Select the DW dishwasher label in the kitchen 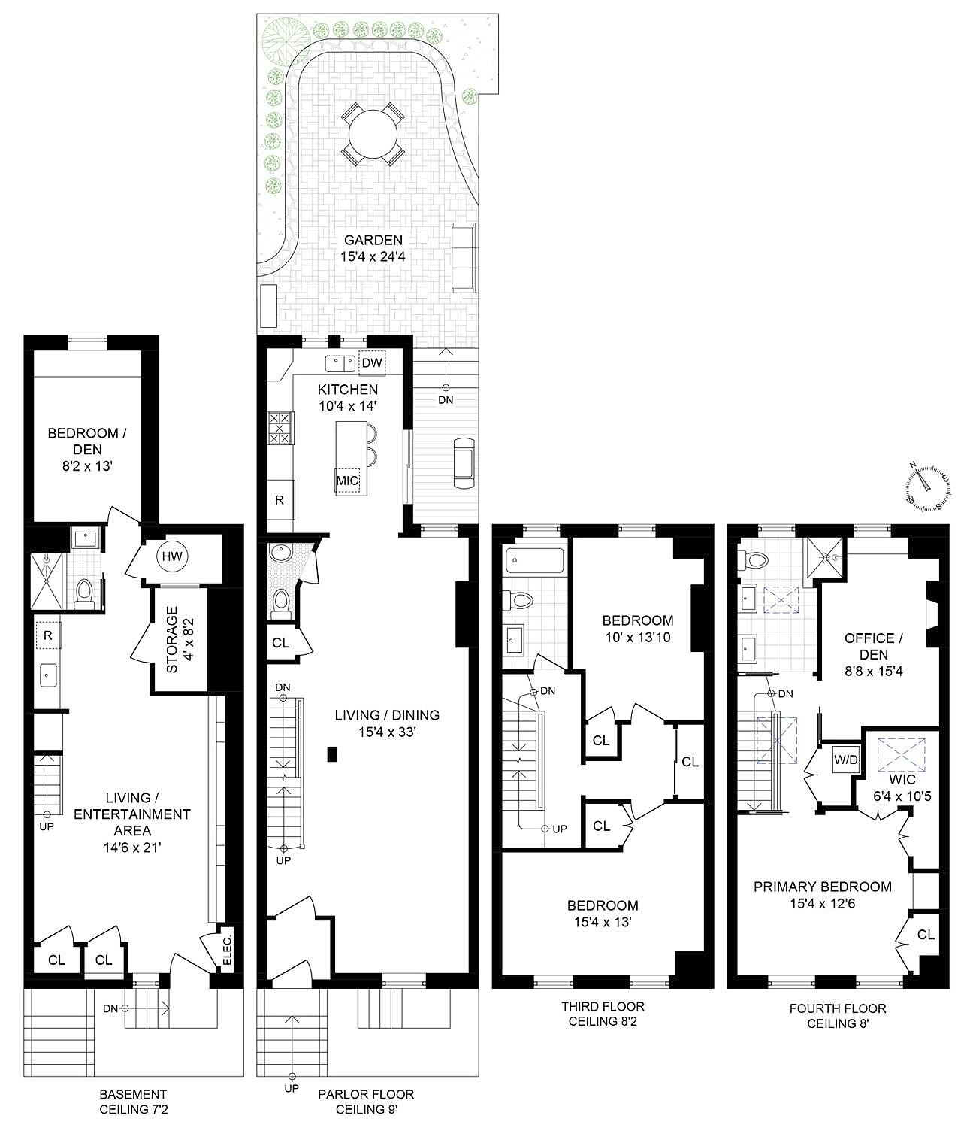click(x=372, y=363)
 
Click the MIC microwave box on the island click(x=347, y=481)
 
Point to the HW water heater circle click(x=172, y=557)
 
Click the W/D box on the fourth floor click(x=845, y=759)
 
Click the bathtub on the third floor click(x=534, y=559)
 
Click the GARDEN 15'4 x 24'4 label click(x=373, y=247)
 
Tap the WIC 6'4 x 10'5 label click(x=902, y=787)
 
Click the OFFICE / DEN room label click(x=873, y=646)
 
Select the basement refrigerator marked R click(x=48, y=635)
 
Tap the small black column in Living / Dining click(x=331, y=754)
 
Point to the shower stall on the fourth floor click(x=825, y=558)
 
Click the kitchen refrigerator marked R click(x=280, y=500)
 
